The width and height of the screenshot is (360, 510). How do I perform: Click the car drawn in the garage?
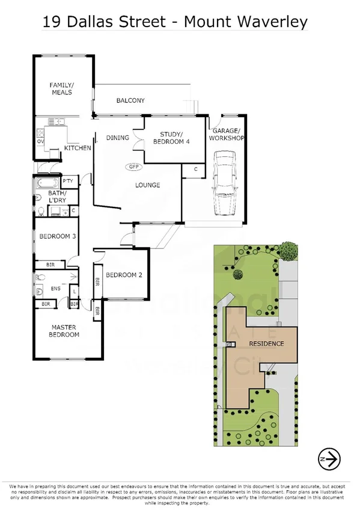click(x=225, y=183)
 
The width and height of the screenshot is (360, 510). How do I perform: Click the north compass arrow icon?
click(x=329, y=459)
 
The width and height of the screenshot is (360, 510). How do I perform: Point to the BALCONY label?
click(x=130, y=100)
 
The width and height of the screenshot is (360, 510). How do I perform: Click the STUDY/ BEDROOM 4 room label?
click(x=171, y=138)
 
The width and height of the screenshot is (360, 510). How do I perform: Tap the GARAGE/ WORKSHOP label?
click(x=227, y=135)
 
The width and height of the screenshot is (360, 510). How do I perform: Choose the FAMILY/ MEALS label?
click(x=61, y=88)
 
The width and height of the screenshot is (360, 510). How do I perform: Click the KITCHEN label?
click(x=78, y=148)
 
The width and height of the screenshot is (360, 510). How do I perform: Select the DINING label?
click(x=117, y=138)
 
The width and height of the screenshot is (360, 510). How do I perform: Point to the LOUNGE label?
click(x=147, y=185)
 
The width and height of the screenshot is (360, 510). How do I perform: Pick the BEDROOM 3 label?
click(x=57, y=236)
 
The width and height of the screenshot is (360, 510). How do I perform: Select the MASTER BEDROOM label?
click(x=64, y=331)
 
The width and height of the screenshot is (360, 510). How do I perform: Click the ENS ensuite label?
click(x=55, y=289)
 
